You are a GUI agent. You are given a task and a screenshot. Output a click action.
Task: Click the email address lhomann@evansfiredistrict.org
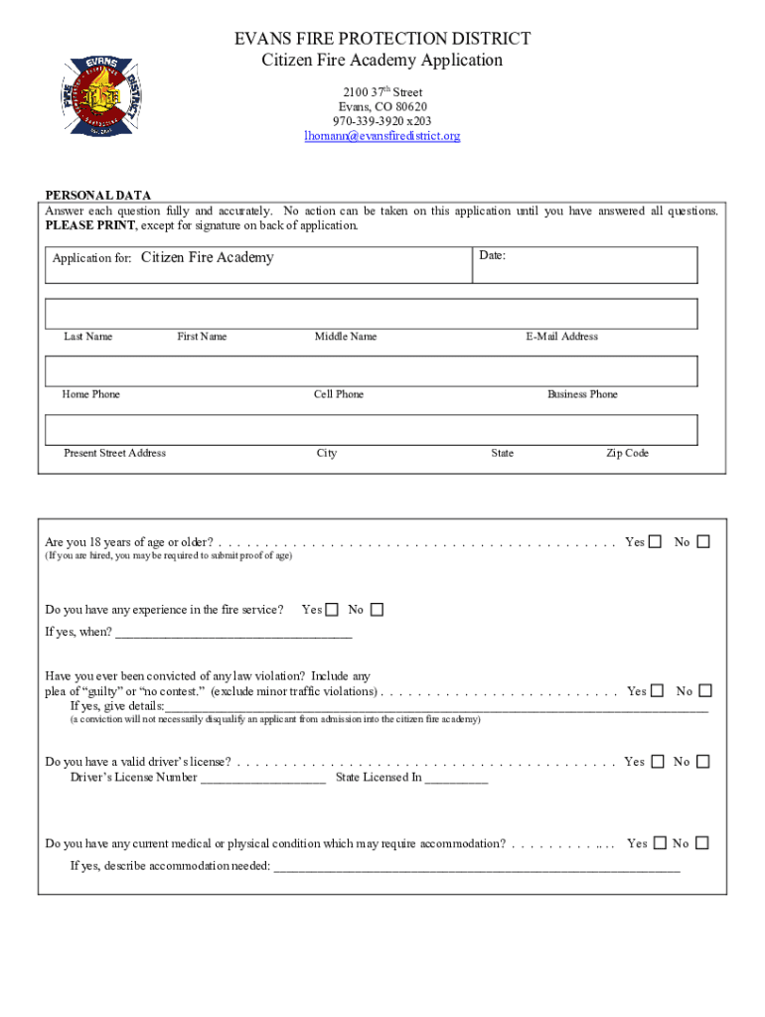[382, 136]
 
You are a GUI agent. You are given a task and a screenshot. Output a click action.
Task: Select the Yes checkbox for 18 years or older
[656, 542]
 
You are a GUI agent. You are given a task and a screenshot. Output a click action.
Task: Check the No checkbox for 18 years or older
[703, 542]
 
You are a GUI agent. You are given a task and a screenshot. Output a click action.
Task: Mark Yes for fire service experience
[332, 610]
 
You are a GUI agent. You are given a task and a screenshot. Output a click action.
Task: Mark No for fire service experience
[377, 610]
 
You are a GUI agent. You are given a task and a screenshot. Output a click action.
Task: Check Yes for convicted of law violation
[657, 691]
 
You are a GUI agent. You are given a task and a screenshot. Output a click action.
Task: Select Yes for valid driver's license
[656, 762]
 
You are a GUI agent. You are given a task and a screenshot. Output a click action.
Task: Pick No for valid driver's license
[703, 762]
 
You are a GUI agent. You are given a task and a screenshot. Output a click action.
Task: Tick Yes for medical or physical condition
[657, 843]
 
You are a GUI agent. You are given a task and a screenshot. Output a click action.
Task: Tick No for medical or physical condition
[702, 843]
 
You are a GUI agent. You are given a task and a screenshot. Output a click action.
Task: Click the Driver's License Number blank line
[263, 779]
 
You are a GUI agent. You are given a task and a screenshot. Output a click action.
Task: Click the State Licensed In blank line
[456, 779]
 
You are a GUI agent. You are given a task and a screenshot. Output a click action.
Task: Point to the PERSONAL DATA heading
[98, 196]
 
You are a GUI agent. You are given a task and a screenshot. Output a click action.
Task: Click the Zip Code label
[627, 453]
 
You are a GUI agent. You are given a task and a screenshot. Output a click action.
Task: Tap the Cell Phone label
[339, 394]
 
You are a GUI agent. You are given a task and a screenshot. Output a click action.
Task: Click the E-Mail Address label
[562, 337]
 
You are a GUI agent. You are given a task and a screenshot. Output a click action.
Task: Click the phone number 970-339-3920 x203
[382, 121]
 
